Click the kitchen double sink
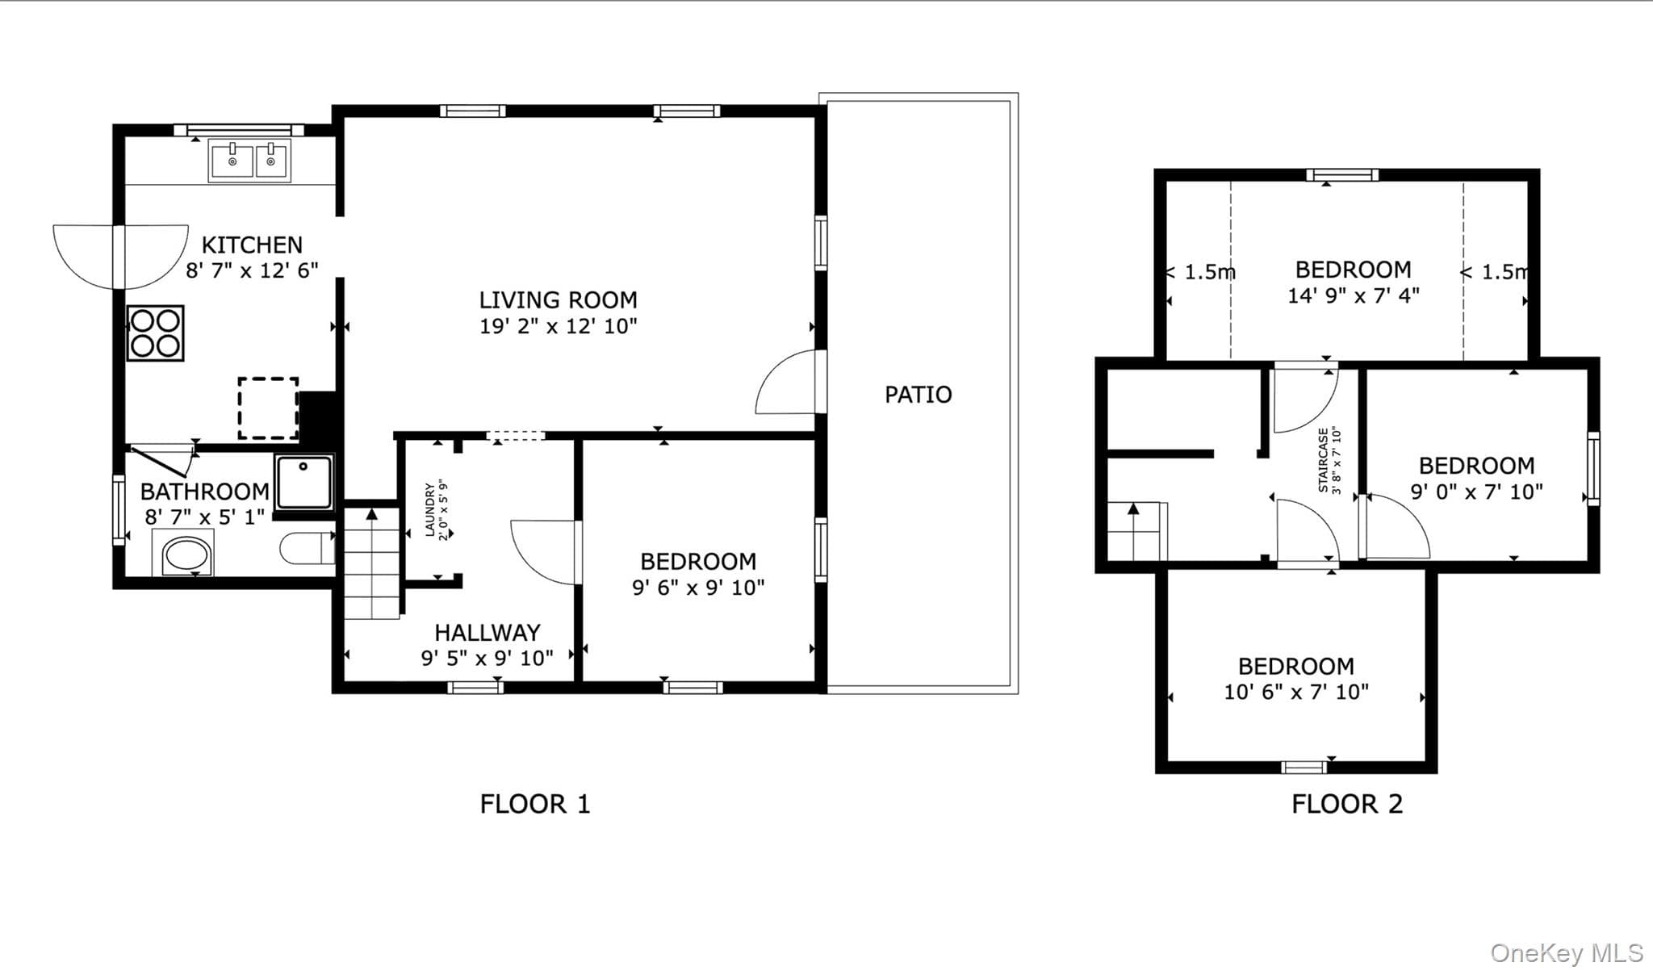point(249,160)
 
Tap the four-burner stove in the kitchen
point(155,333)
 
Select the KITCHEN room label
point(252,245)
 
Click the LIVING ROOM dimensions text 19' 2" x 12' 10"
point(559,326)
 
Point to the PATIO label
point(919,395)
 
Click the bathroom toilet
point(308,548)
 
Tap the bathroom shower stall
point(304,482)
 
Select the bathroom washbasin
point(188,555)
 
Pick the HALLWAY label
point(488,632)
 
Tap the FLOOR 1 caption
point(535,804)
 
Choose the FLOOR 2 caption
point(1347,804)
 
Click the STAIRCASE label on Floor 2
point(1323,460)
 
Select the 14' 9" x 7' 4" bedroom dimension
point(1354,295)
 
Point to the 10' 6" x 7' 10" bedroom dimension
point(1296,692)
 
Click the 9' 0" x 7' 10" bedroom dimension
point(1477,492)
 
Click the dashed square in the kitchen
point(268,408)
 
